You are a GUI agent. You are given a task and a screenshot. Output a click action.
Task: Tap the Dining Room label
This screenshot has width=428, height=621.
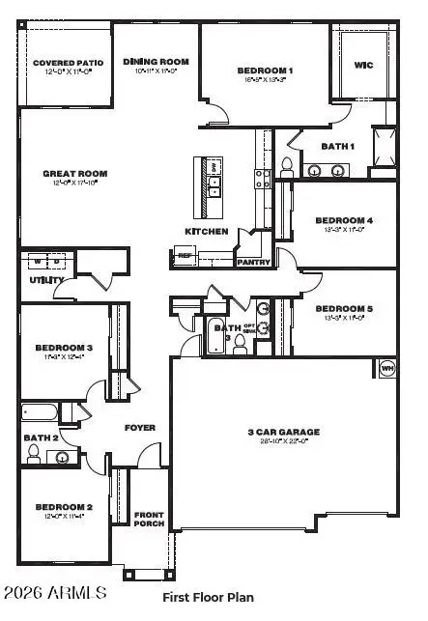coord(156,62)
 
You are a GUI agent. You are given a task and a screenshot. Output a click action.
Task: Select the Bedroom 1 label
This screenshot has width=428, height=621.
coord(265,71)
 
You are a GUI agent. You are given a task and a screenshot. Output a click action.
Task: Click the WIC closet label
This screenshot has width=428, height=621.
coord(364,66)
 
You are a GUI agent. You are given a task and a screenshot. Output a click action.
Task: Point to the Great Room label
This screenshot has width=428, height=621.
coord(74,174)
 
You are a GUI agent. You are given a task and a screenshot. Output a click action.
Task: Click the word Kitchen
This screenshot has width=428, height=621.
coord(207,232)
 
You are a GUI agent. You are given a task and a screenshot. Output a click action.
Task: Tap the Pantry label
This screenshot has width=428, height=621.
coord(254,261)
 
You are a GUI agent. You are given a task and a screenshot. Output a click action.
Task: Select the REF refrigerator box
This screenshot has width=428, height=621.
coord(185,256)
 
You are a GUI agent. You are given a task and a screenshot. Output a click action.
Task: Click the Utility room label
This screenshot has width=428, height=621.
coord(46,280)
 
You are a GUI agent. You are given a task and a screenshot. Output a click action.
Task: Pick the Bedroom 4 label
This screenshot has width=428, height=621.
coord(343,220)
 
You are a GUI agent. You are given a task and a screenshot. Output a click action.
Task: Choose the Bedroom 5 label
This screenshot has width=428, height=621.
coord(343,309)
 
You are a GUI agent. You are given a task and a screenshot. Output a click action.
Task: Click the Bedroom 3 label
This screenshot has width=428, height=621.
coord(64,348)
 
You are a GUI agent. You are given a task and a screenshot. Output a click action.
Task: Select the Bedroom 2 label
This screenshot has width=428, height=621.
coord(64,507)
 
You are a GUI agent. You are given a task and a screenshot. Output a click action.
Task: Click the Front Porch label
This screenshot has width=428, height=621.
coord(149,521)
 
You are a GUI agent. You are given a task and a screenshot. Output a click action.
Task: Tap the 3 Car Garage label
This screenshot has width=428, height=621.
coord(283,432)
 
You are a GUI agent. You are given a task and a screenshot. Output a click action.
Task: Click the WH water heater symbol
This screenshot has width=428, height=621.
coord(387,368)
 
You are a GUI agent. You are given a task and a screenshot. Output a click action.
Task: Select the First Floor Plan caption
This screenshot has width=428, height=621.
coord(208,597)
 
